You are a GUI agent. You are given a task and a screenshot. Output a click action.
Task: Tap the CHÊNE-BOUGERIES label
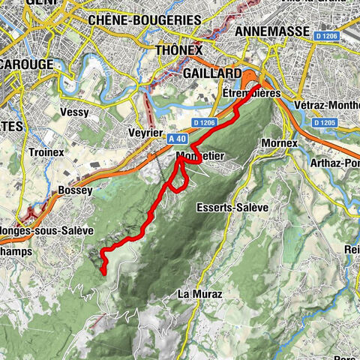[145, 19]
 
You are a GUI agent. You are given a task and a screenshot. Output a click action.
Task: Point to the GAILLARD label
[212, 73]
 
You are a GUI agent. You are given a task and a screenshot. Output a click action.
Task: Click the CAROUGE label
[26, 64]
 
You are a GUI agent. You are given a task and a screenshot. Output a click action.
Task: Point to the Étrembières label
[251, 94]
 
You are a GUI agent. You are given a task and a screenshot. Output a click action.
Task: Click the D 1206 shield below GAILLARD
[205, 121]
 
